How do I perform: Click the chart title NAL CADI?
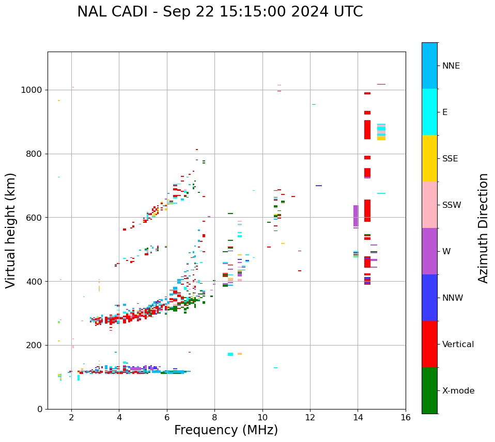point(220,12)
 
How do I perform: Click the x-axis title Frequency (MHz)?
point(226,430)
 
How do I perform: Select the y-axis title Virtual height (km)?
point(11,230)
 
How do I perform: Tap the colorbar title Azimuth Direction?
point(483,228)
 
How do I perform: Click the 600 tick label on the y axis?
point(35,218)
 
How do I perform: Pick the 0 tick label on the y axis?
point(40,409)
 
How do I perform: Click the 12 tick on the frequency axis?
point(310,417)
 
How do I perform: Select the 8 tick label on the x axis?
point(214,417)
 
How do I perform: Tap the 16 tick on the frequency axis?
point(406,417)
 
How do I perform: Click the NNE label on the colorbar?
point(451,66)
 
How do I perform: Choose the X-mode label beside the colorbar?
point(458,391)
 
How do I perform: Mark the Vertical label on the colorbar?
point(458,345)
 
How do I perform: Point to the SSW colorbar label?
point(452,205)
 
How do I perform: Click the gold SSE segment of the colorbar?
point(429,158)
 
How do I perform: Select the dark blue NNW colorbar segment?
point(429,298)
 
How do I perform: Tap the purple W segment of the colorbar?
point(429,251)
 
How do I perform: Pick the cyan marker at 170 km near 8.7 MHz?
point(230,354)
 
